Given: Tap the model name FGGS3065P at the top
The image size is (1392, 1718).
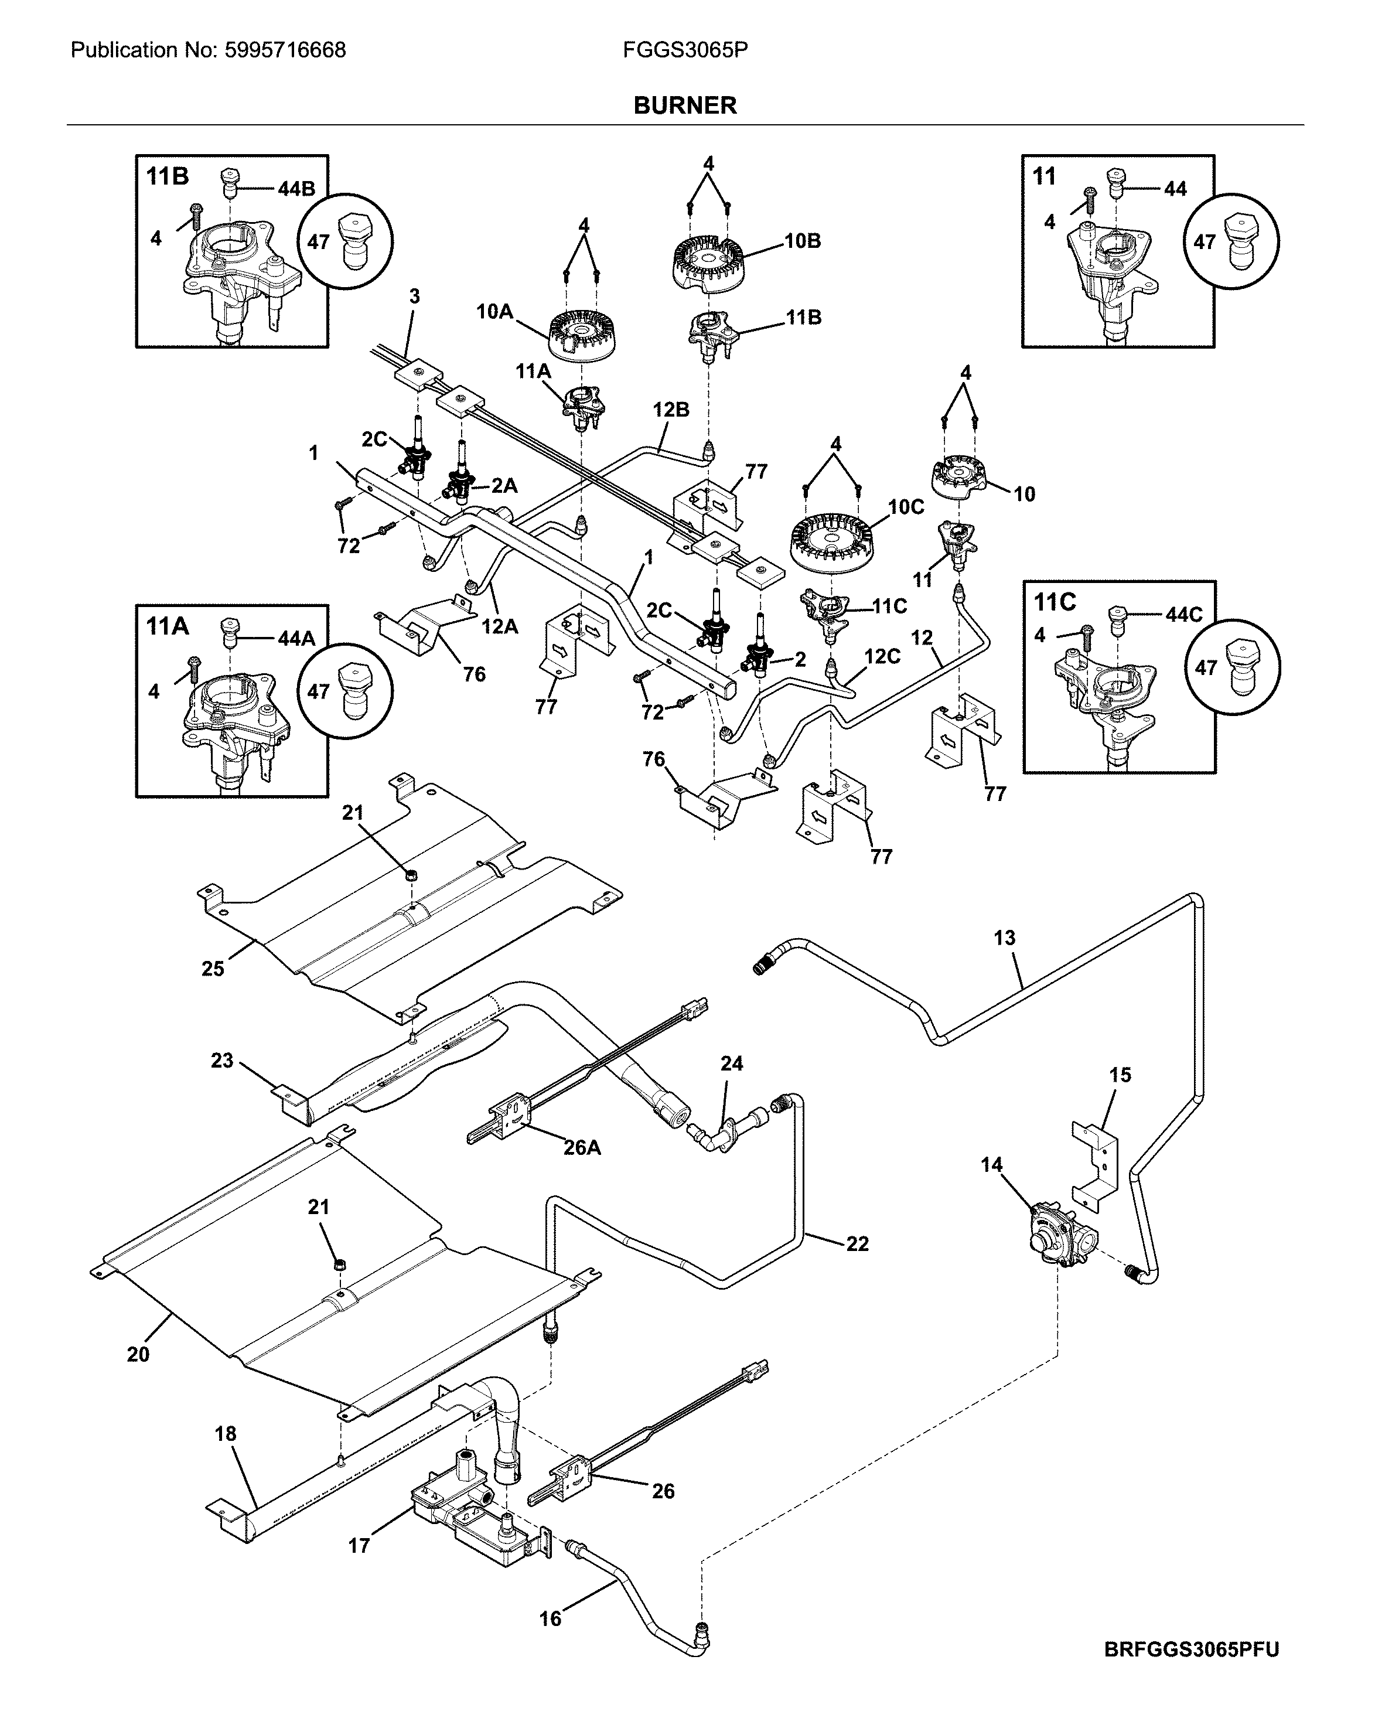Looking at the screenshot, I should point(685,50).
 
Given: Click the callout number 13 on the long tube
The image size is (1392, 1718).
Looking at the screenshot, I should point(1004,938).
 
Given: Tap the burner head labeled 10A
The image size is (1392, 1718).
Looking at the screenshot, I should point(584,335).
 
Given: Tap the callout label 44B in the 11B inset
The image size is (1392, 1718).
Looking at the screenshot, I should point(296,189).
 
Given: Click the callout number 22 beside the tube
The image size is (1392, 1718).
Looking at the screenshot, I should point(857,1243).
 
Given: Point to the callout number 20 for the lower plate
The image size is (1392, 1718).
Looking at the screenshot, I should point(138,1355).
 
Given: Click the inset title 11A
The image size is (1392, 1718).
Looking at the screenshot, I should point(168,626).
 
